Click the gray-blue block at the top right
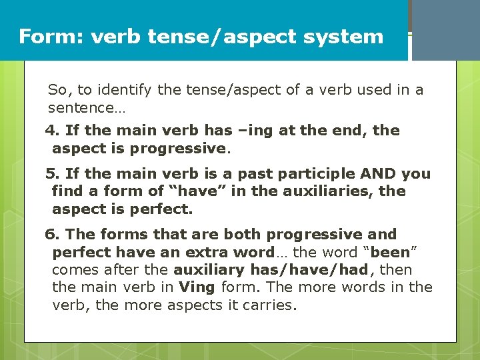click(445, 30)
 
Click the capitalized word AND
click(379, 174)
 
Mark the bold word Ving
click(197, 287)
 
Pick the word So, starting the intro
click(59, 89)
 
